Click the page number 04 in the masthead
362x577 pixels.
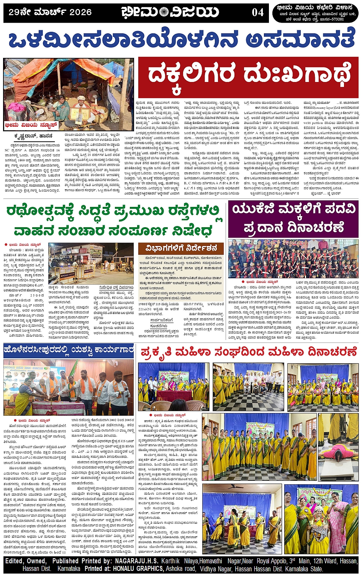click(x=258, y=12)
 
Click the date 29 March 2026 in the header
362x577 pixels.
click(x=50, y=12)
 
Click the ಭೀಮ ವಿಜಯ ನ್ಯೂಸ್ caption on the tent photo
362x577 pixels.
click(x=31, y=125)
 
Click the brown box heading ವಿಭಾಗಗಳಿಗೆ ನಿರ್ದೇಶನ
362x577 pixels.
click(x=181, y=248)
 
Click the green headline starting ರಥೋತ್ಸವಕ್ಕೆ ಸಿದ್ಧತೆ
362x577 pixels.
click(x=114, y=221)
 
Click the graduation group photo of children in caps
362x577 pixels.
click(x=293, y=259)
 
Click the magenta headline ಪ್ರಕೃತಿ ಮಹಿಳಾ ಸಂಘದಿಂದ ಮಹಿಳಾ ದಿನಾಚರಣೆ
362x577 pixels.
click(x=249, y=351)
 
